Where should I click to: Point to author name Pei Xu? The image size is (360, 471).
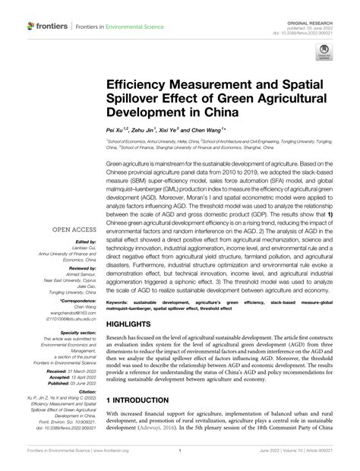coord(117,131)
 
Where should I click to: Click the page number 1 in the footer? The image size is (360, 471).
coord(180,458)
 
